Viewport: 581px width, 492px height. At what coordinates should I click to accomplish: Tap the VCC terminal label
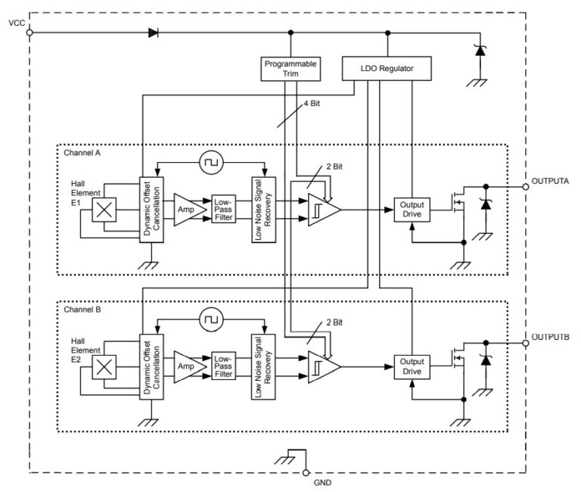click(x=16, y=23)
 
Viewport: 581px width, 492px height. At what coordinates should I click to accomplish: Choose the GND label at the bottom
click(x=322, y=482)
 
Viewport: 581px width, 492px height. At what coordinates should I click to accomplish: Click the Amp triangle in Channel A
click(x=186, y=208)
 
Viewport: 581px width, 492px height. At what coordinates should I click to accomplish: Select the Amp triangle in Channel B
click(x=186, y=366)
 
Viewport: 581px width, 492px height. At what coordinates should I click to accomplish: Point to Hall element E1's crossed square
click(x=104, y=210)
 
